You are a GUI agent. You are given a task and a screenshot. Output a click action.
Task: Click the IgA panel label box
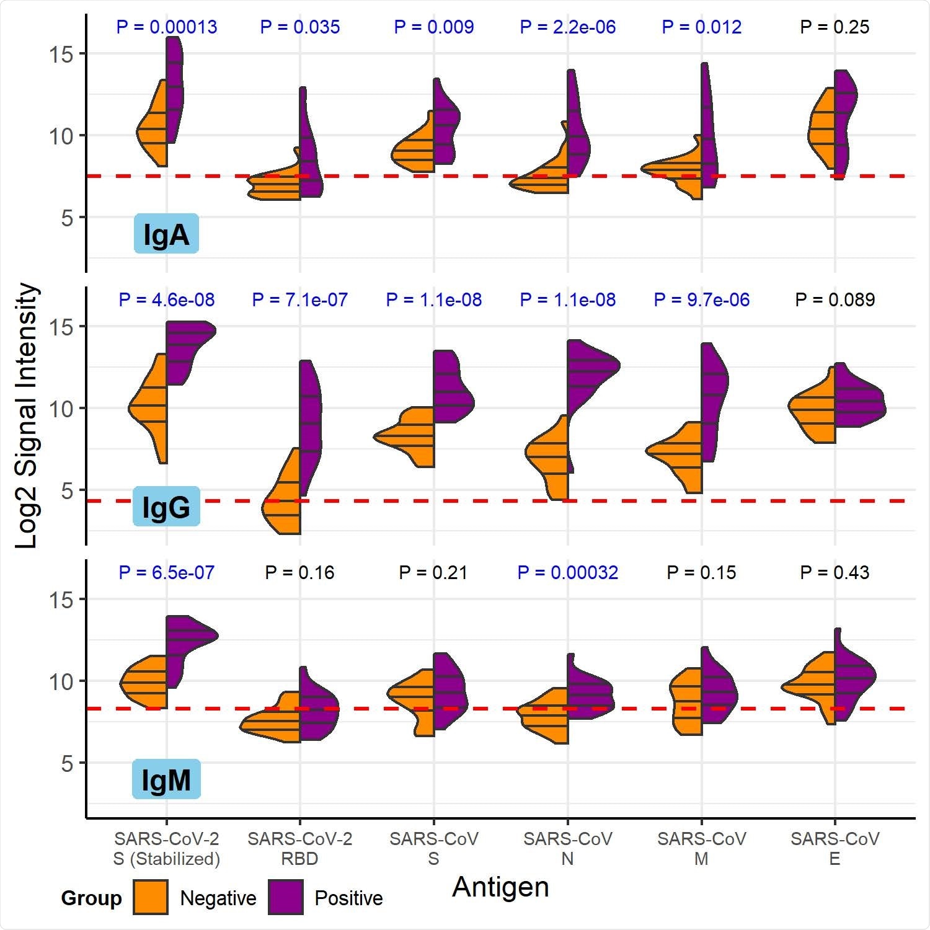[166, 234]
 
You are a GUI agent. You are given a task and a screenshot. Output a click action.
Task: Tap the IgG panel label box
[166, 507]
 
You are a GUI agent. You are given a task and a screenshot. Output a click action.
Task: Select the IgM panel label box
[166, 779]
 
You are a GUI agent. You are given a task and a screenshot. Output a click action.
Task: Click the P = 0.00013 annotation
[167, 27]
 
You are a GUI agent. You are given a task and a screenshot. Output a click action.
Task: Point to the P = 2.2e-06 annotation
[567, 27]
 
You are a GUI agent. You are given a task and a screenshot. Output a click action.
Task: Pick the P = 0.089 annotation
[835, 300]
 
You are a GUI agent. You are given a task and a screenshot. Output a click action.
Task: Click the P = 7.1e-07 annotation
[299, 300]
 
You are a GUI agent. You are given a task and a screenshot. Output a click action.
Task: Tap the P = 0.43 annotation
[835, 573]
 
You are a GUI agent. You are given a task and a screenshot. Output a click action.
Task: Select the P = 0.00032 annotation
[567, 573]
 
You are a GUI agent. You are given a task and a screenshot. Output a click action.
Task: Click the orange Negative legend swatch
[151, 897]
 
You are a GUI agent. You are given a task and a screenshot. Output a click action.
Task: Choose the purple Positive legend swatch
[286, 897]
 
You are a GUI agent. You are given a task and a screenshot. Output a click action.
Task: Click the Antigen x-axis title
[500, 887]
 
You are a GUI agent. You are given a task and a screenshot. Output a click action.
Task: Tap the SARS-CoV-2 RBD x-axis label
[299, 849]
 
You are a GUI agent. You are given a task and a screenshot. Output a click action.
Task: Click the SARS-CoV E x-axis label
[835, 849]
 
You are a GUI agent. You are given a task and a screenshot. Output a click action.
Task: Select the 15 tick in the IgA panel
[61, 55]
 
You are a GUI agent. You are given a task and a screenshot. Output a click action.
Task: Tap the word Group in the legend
[91, 898]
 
